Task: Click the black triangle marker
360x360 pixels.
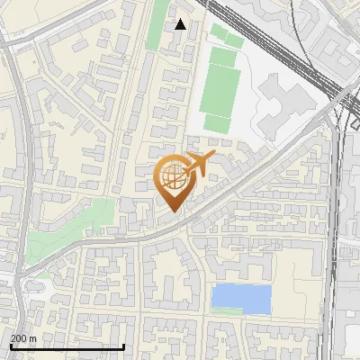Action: point(181,24)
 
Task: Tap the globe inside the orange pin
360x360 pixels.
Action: point(175,176)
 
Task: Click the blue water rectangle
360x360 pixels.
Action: point(241,298)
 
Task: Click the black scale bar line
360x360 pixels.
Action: point(67,346)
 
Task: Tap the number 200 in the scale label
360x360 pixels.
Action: point(21,338)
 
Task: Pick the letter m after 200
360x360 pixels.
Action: point(32,338)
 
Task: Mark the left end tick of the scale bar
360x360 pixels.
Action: point(11,345)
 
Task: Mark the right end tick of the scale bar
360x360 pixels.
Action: point(124,345)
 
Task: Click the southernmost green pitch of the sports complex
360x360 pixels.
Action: point(216,123)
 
